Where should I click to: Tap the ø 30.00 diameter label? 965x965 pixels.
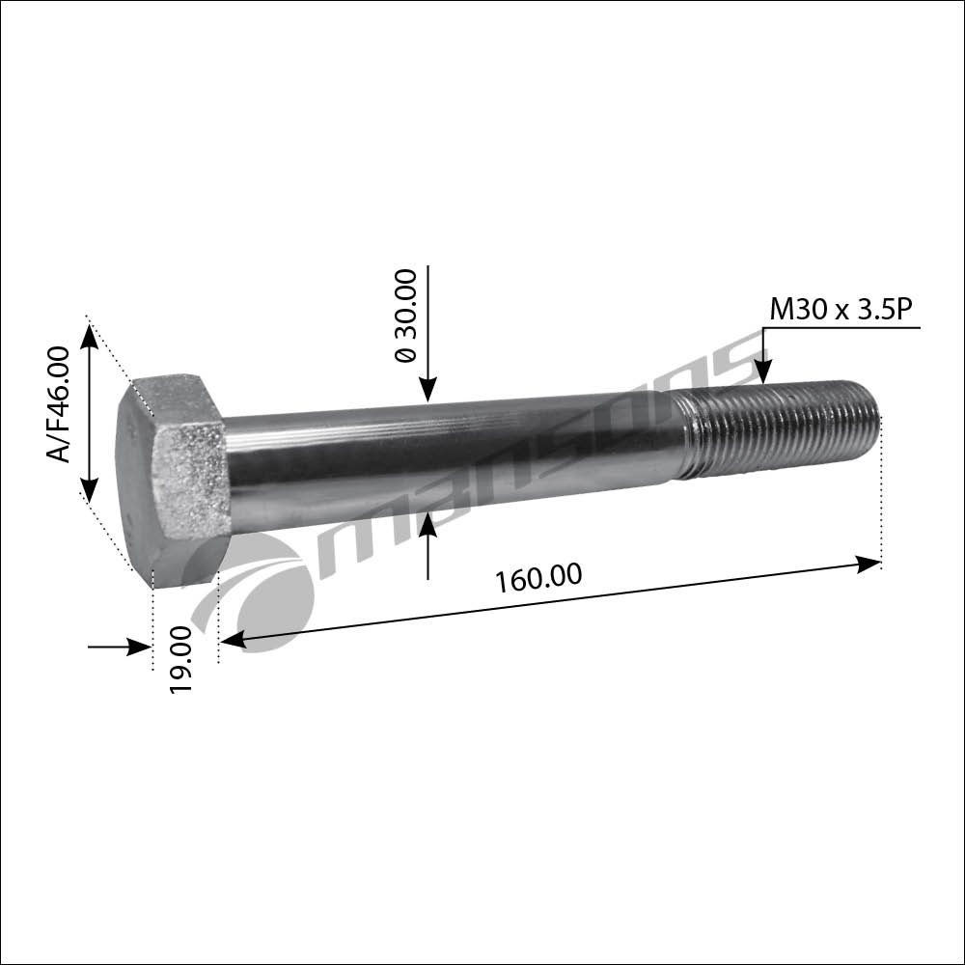405,316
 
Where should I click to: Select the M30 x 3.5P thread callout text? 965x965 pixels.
841,309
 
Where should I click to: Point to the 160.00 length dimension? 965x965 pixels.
538,578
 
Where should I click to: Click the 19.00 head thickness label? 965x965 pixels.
181,660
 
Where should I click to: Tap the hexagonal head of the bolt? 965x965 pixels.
173,480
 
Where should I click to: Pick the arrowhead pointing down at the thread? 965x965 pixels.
763,372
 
